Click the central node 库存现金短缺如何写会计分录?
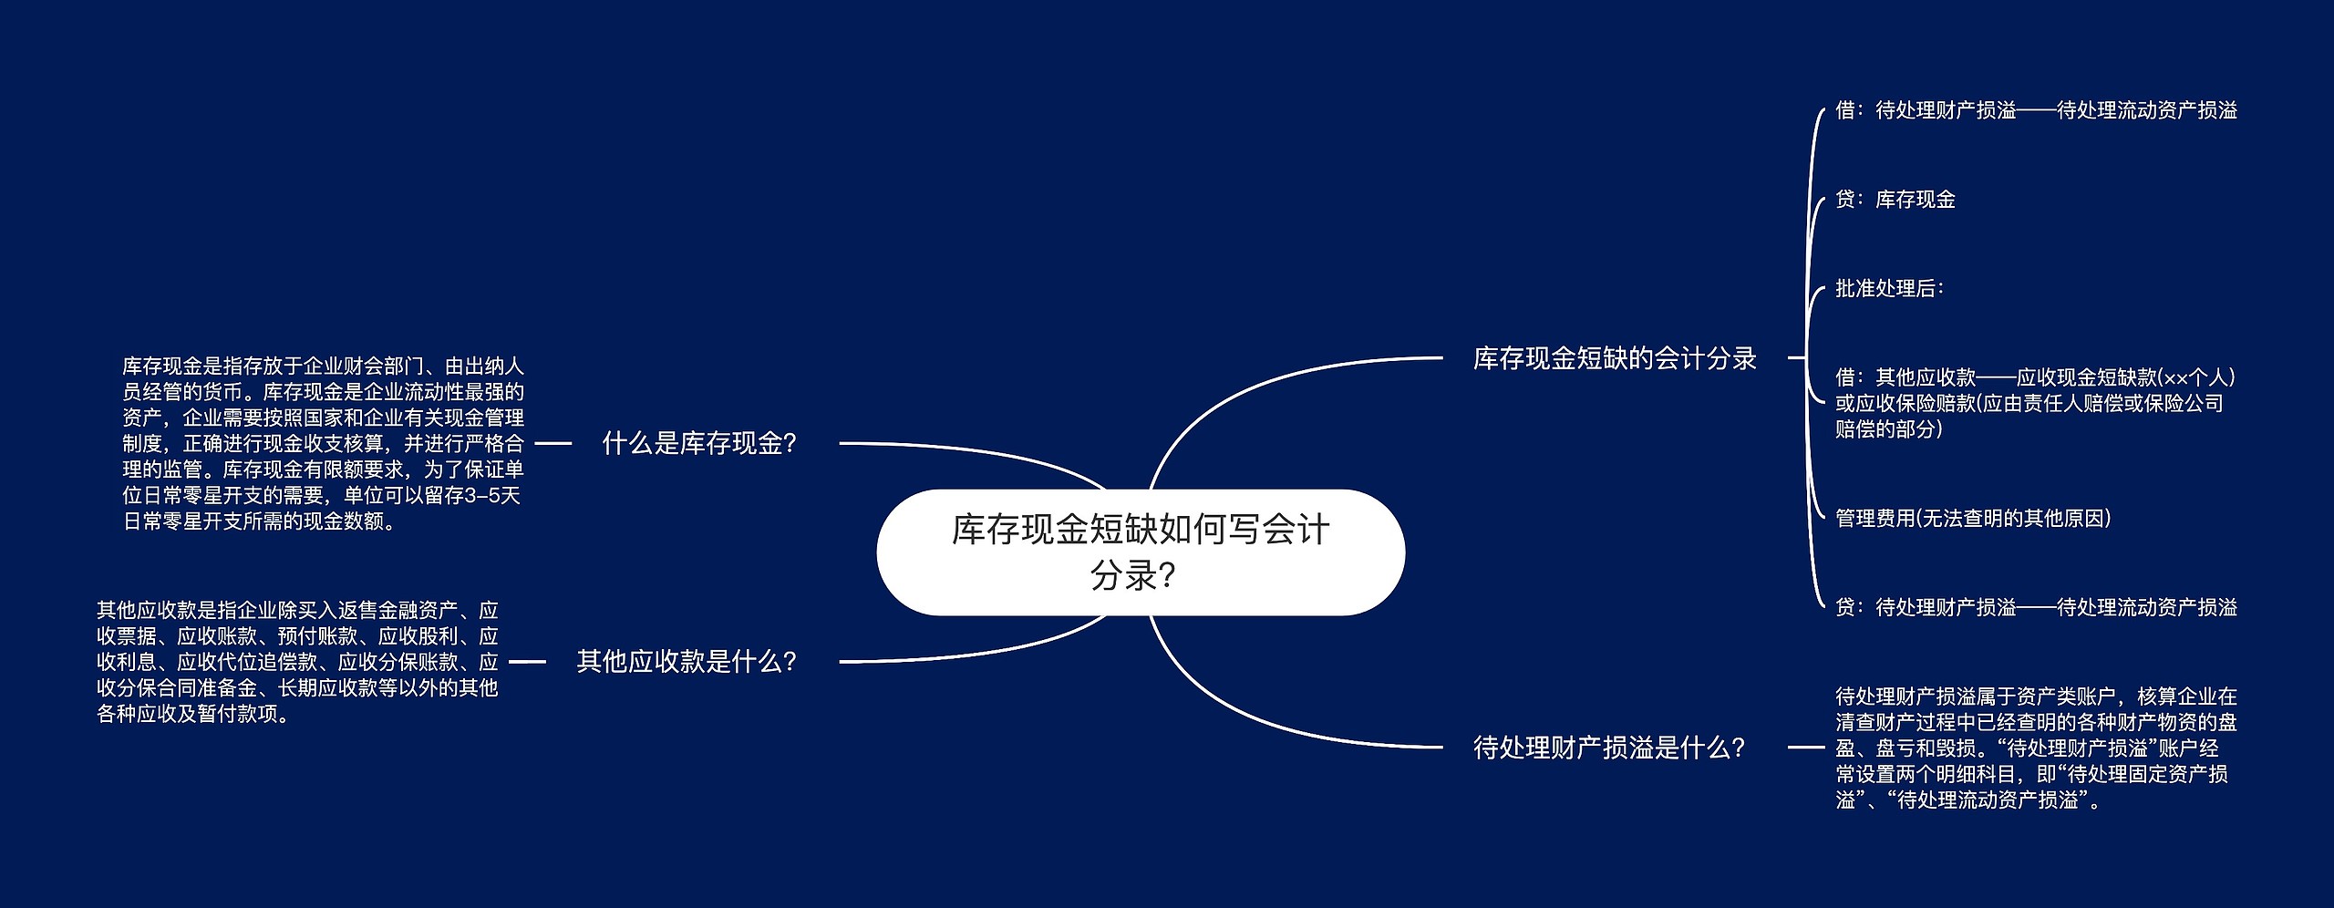click(1141, 552)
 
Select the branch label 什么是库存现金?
click(699, 444)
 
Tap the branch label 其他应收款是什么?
click(687, 661)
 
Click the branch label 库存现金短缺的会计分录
click(1615, 358)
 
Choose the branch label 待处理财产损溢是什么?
click(1609, 748)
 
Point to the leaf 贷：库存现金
click(1895, 200)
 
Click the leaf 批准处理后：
click(1889, 289)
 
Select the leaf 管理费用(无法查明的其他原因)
click(1973, 519)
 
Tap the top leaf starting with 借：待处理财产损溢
click(2036, 110)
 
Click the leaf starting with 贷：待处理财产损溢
click(2036, 607)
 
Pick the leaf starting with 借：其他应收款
click(2035, 403)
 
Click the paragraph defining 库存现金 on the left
click(323, 444)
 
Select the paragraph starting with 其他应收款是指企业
click(297, 662)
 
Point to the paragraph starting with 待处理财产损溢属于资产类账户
click(2036, 748)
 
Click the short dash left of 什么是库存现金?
click(553, 444)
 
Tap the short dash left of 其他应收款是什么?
click(527, 661)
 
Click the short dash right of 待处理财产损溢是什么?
click(1806, 748)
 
